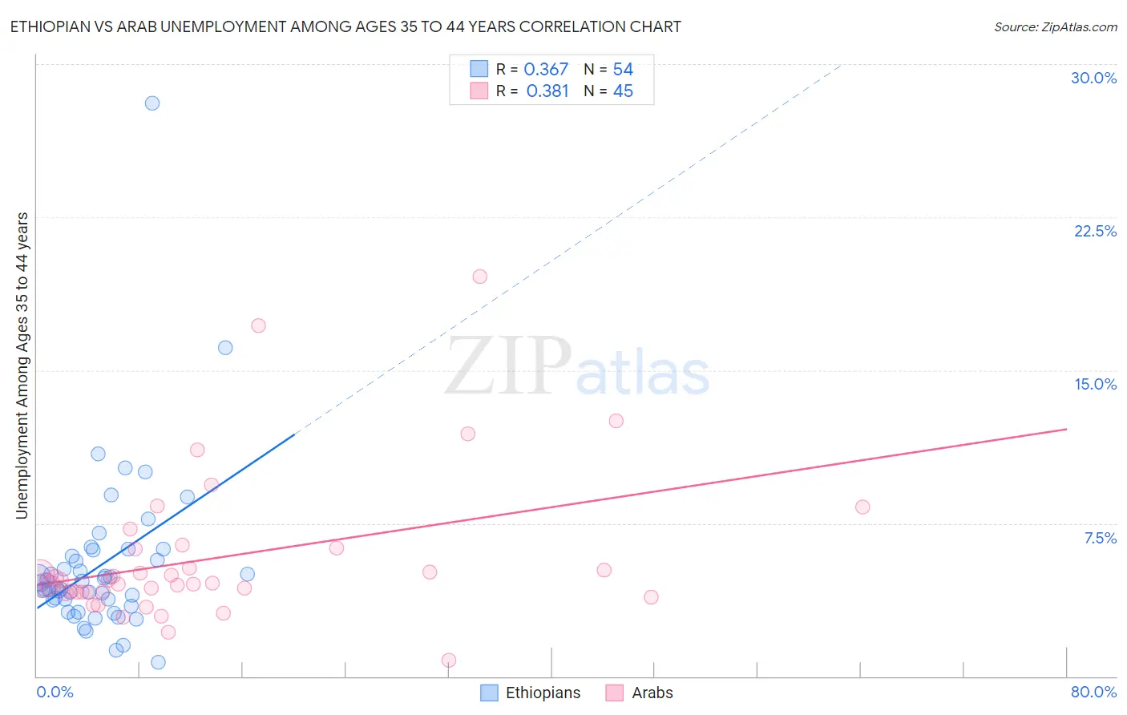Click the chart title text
(x=345, y=26)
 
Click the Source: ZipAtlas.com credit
(x=1055, y=27)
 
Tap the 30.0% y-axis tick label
(x=1093, y=78)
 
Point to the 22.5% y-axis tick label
(x=1095, y=231)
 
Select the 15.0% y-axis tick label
(x=1095, y=384)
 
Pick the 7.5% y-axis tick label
(x=1100, y=538)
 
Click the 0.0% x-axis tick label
(x=55, y=692)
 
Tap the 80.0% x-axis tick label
(x=1093, y=692)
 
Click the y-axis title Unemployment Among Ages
(x=22, y=366)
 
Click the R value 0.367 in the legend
(x=546, y=70)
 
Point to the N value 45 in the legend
(x=623, y=91)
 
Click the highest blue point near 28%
(x=152, y=103)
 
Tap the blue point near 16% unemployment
(x=225, y=348)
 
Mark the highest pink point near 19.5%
(x=480, y=277)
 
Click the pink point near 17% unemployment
(x=258, y=325)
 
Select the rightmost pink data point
(x=862, y=507)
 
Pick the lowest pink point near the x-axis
(x=449, y=660)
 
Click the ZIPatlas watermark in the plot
(x=577, y=366)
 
